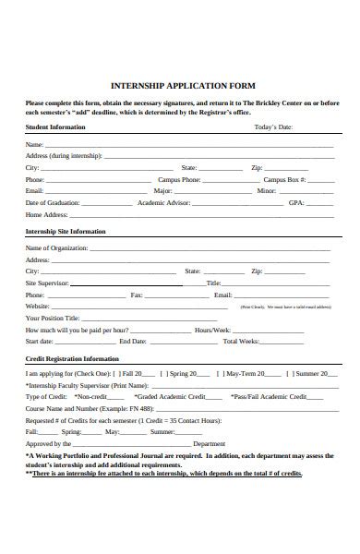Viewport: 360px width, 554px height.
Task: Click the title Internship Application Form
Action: click(183, 85)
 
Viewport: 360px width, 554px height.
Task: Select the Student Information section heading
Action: click(55, 126)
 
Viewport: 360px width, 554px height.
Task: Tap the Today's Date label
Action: click(272, 126)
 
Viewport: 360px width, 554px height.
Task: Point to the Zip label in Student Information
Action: click(258, 167)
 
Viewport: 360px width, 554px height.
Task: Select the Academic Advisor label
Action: click(163, 202)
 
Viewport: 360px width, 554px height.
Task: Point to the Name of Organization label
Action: click(56, 248)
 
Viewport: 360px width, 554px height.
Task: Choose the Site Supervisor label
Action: click(47, 283)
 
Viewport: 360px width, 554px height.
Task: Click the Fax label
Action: click(137, 295)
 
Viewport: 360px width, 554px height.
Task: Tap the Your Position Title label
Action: click(53, 318)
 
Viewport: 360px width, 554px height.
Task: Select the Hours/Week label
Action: click(211, 329)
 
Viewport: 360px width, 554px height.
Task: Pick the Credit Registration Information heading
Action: click(72, 358)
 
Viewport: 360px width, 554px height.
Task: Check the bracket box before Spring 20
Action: click(163, 374)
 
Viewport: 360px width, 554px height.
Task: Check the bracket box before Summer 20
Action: click(291, 374)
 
